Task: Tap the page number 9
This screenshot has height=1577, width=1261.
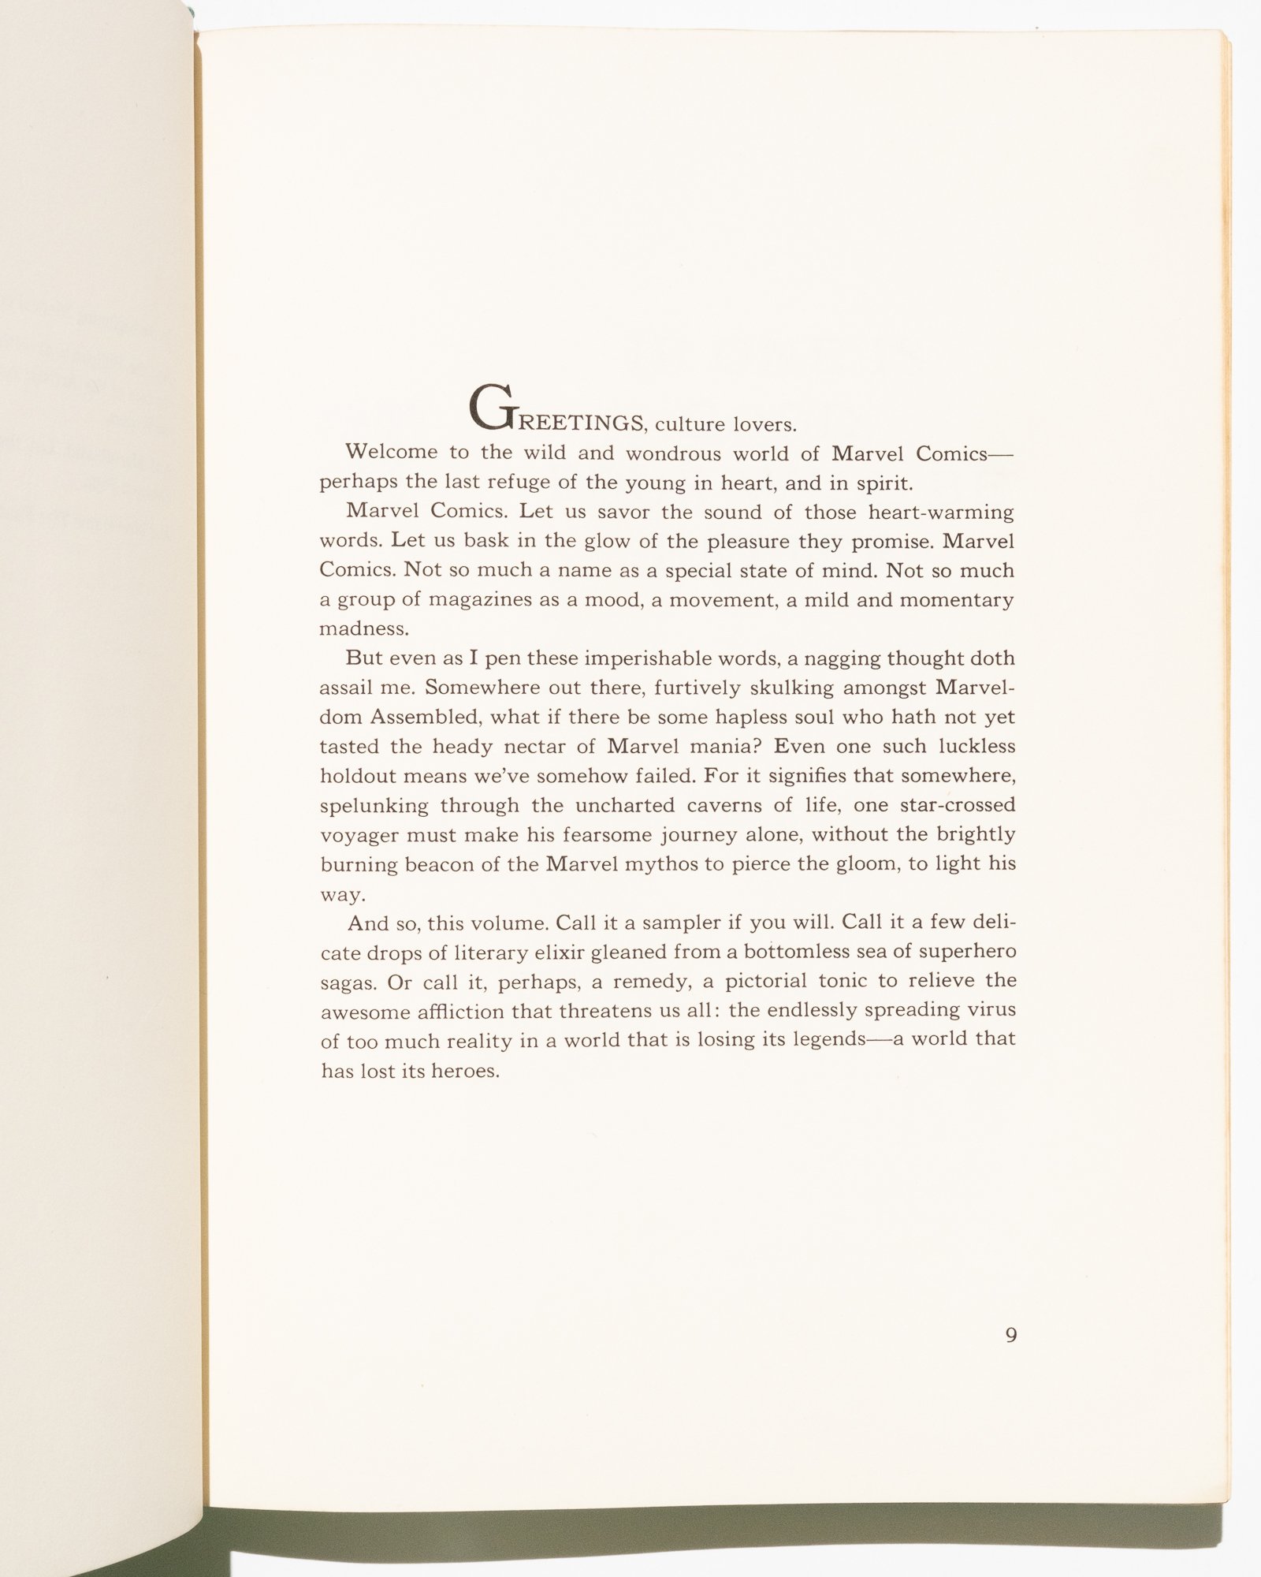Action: [x=1011, y=1335]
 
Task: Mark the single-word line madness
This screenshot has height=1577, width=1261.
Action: [x=364, y=629]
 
